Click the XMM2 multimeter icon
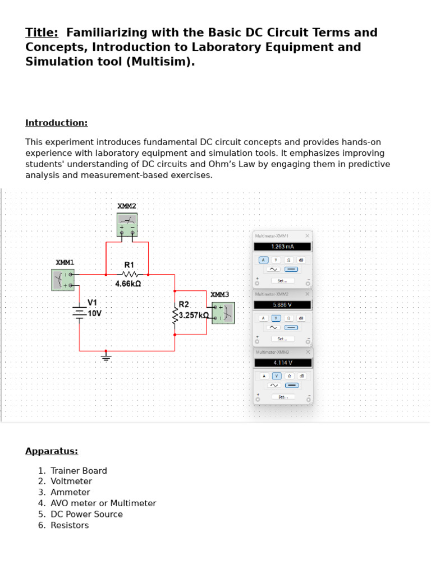click(127, 224)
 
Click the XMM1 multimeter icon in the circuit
click(63, 280)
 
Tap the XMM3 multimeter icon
click(223, 313)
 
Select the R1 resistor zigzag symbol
click(130, 275)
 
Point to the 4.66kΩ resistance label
click(128, 284)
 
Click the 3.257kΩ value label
click(194, 316)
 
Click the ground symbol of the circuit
click(106, 357)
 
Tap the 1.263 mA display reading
click(282, 247)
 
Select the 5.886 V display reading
click(282, 305)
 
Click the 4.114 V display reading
click(282, 363)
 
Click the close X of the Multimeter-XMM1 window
click(307, 236)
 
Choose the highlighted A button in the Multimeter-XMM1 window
click(263, 260)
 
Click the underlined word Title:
click(42, 33)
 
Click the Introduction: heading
click(56, 123)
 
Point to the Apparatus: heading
click(52, 451)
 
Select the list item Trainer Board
click(79, 471)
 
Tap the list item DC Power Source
click(86, 514)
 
